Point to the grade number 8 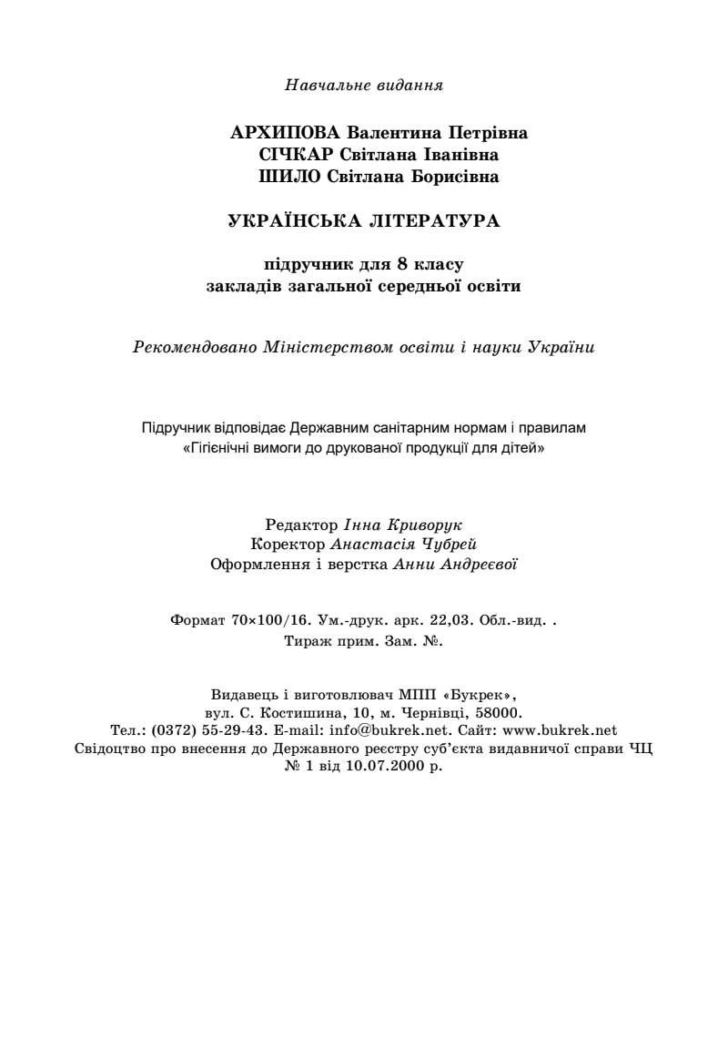(401, 265)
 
